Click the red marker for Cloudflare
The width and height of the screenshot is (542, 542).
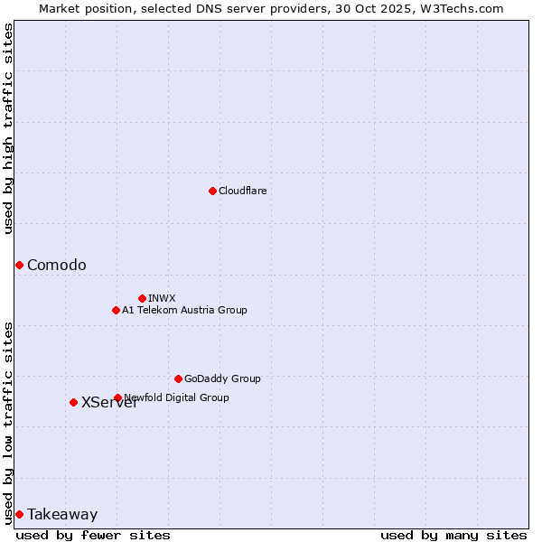point(212,191)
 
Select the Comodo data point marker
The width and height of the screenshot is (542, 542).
point(19,265)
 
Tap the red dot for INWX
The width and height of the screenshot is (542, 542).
point(142,298)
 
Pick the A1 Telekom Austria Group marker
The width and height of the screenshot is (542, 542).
point(116,310)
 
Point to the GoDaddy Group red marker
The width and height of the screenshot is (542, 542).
point(178,378)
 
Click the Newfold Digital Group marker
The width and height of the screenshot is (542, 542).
point(117,397)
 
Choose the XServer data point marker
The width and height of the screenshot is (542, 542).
point(73,402)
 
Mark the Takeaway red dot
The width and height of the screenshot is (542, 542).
point(19,514)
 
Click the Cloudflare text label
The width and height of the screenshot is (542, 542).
point(243,191)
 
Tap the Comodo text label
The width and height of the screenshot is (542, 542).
point(57,265)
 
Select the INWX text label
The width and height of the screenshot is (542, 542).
point(162,298)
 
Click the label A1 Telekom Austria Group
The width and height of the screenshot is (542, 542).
point(184,310)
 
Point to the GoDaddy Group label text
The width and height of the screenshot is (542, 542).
point(222,378)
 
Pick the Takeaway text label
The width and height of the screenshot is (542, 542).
point(62,514)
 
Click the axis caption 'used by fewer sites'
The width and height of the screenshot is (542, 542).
point(93,535)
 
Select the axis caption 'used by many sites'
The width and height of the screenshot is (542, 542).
point(453,535)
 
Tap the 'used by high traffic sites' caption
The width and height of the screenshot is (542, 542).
point(9,128)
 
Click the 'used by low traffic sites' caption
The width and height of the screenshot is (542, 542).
point(9,423)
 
